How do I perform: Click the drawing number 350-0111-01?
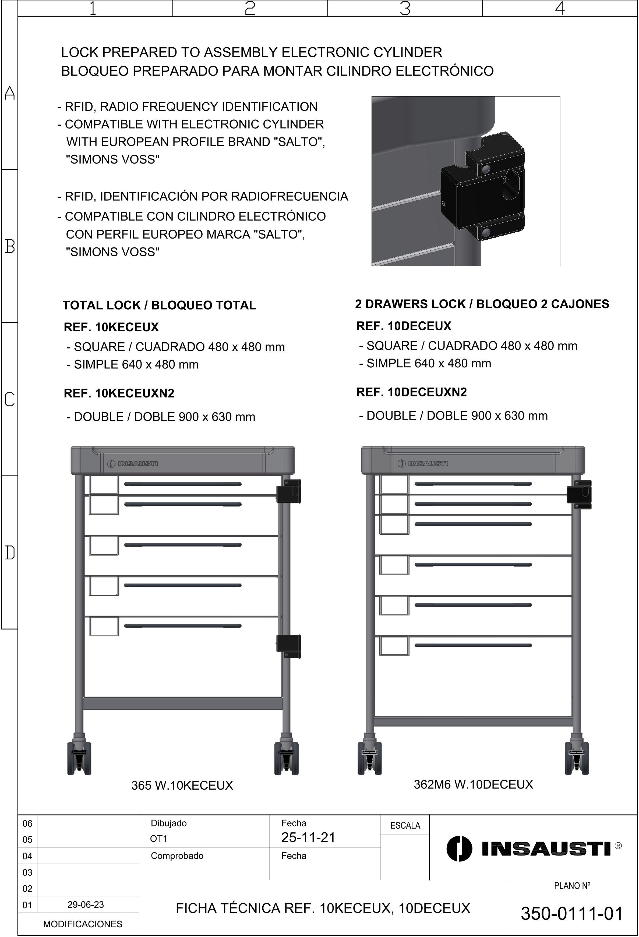[x=572, y=914]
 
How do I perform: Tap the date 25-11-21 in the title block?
[x=308, y=837]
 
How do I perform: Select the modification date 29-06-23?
[x=86, y=904]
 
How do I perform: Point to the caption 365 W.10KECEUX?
[x=182, y=785]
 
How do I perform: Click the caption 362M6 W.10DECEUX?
[x=473, y=784]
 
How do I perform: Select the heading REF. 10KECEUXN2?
[x=119, y=393]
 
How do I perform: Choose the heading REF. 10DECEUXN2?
[x=411, y=392]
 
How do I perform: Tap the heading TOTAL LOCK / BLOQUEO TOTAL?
[x=159, y=305]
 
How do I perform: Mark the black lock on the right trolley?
[x=579, y=494]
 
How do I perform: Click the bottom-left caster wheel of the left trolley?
[x=79, y=759]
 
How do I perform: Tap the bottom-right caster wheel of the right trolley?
[x=577, y=759]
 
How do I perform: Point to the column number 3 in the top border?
[x=405, y=8]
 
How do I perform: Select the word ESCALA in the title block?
[x=405, y=825]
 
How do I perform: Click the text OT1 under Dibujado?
[x=158, y=839]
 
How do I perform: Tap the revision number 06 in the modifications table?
[x=27, y=823]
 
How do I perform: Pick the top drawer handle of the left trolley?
[x=183, y=484]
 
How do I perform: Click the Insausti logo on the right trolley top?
[x=423, y=463]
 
